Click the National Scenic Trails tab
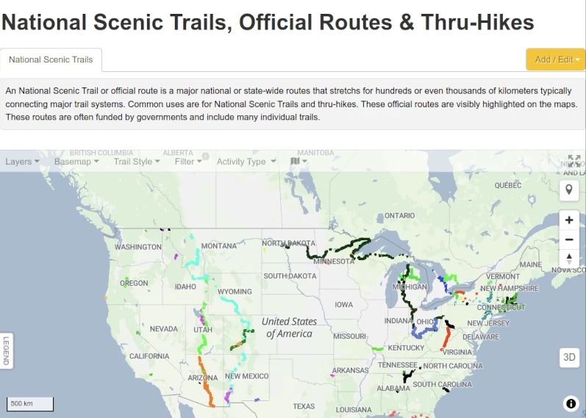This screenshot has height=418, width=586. [x=51, y=60]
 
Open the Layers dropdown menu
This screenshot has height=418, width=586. [x=22, y=162]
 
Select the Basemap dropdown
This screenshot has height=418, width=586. [x=77, y=162]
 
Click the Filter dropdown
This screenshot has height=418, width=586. [x=188, y=162]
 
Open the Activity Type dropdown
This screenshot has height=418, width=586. [x=246, y=162]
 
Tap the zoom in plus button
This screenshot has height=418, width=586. [x=569, y=220]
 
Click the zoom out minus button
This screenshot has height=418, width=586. [x=569, y=239]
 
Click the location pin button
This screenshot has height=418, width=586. [x=569, y=190]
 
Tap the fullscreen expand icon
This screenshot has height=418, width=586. [x=574, y=161]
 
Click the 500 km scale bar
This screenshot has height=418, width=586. [x=30, y=404]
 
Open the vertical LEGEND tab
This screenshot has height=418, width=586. [x=6, y=350]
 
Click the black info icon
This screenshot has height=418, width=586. [x=571, y=403]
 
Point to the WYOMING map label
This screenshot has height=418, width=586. [x=234, y=292]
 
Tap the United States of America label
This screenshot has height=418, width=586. [x=289, y=328]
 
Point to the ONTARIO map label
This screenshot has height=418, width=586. [x=400, y=216]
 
